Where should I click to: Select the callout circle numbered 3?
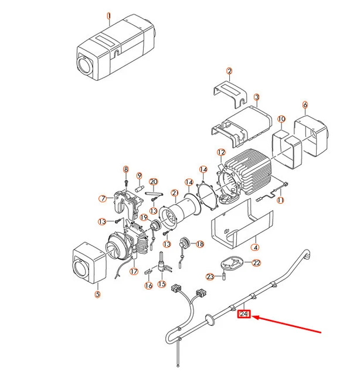(x=257, y=97)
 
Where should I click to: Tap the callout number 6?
(x=305, y=105)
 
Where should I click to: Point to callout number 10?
(x=281, y=119)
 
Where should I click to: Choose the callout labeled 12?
(x=220, y=152)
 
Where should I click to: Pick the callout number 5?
(x=97, y=293)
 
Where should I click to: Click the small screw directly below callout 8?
(x=125, y=182)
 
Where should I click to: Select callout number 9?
(x=139, y=176)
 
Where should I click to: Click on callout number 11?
(x=280, y=200)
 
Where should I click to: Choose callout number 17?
(x=134, y=271)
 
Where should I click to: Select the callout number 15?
(x=161, y=284)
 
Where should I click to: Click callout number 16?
(x=148, y=285)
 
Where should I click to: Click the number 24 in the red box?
(x=244, y=315)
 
